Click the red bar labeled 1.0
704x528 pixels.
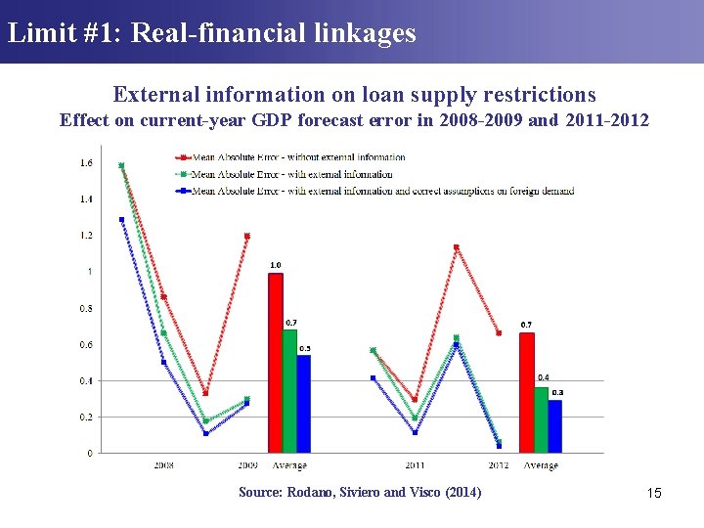tap(276, 362)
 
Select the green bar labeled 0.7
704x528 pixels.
tap(289, 390)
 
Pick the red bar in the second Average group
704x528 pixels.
tap(526, 392)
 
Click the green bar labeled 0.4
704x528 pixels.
tap(541, 419)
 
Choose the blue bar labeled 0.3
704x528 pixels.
tap(554, 426)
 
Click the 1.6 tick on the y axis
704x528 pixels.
tap(86, 162)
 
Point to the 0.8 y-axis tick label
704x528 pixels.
tap(86, 308)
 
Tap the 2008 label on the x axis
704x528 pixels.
tap(164, 465)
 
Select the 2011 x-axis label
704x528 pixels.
tap(415, 465)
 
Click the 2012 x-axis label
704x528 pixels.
tap(499, 465)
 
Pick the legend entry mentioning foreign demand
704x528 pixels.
tap(382, 191)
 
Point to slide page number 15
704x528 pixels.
tap(654, 493)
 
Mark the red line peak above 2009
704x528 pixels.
tap(246, 236)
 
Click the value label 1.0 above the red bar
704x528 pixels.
tap(276, 265)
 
